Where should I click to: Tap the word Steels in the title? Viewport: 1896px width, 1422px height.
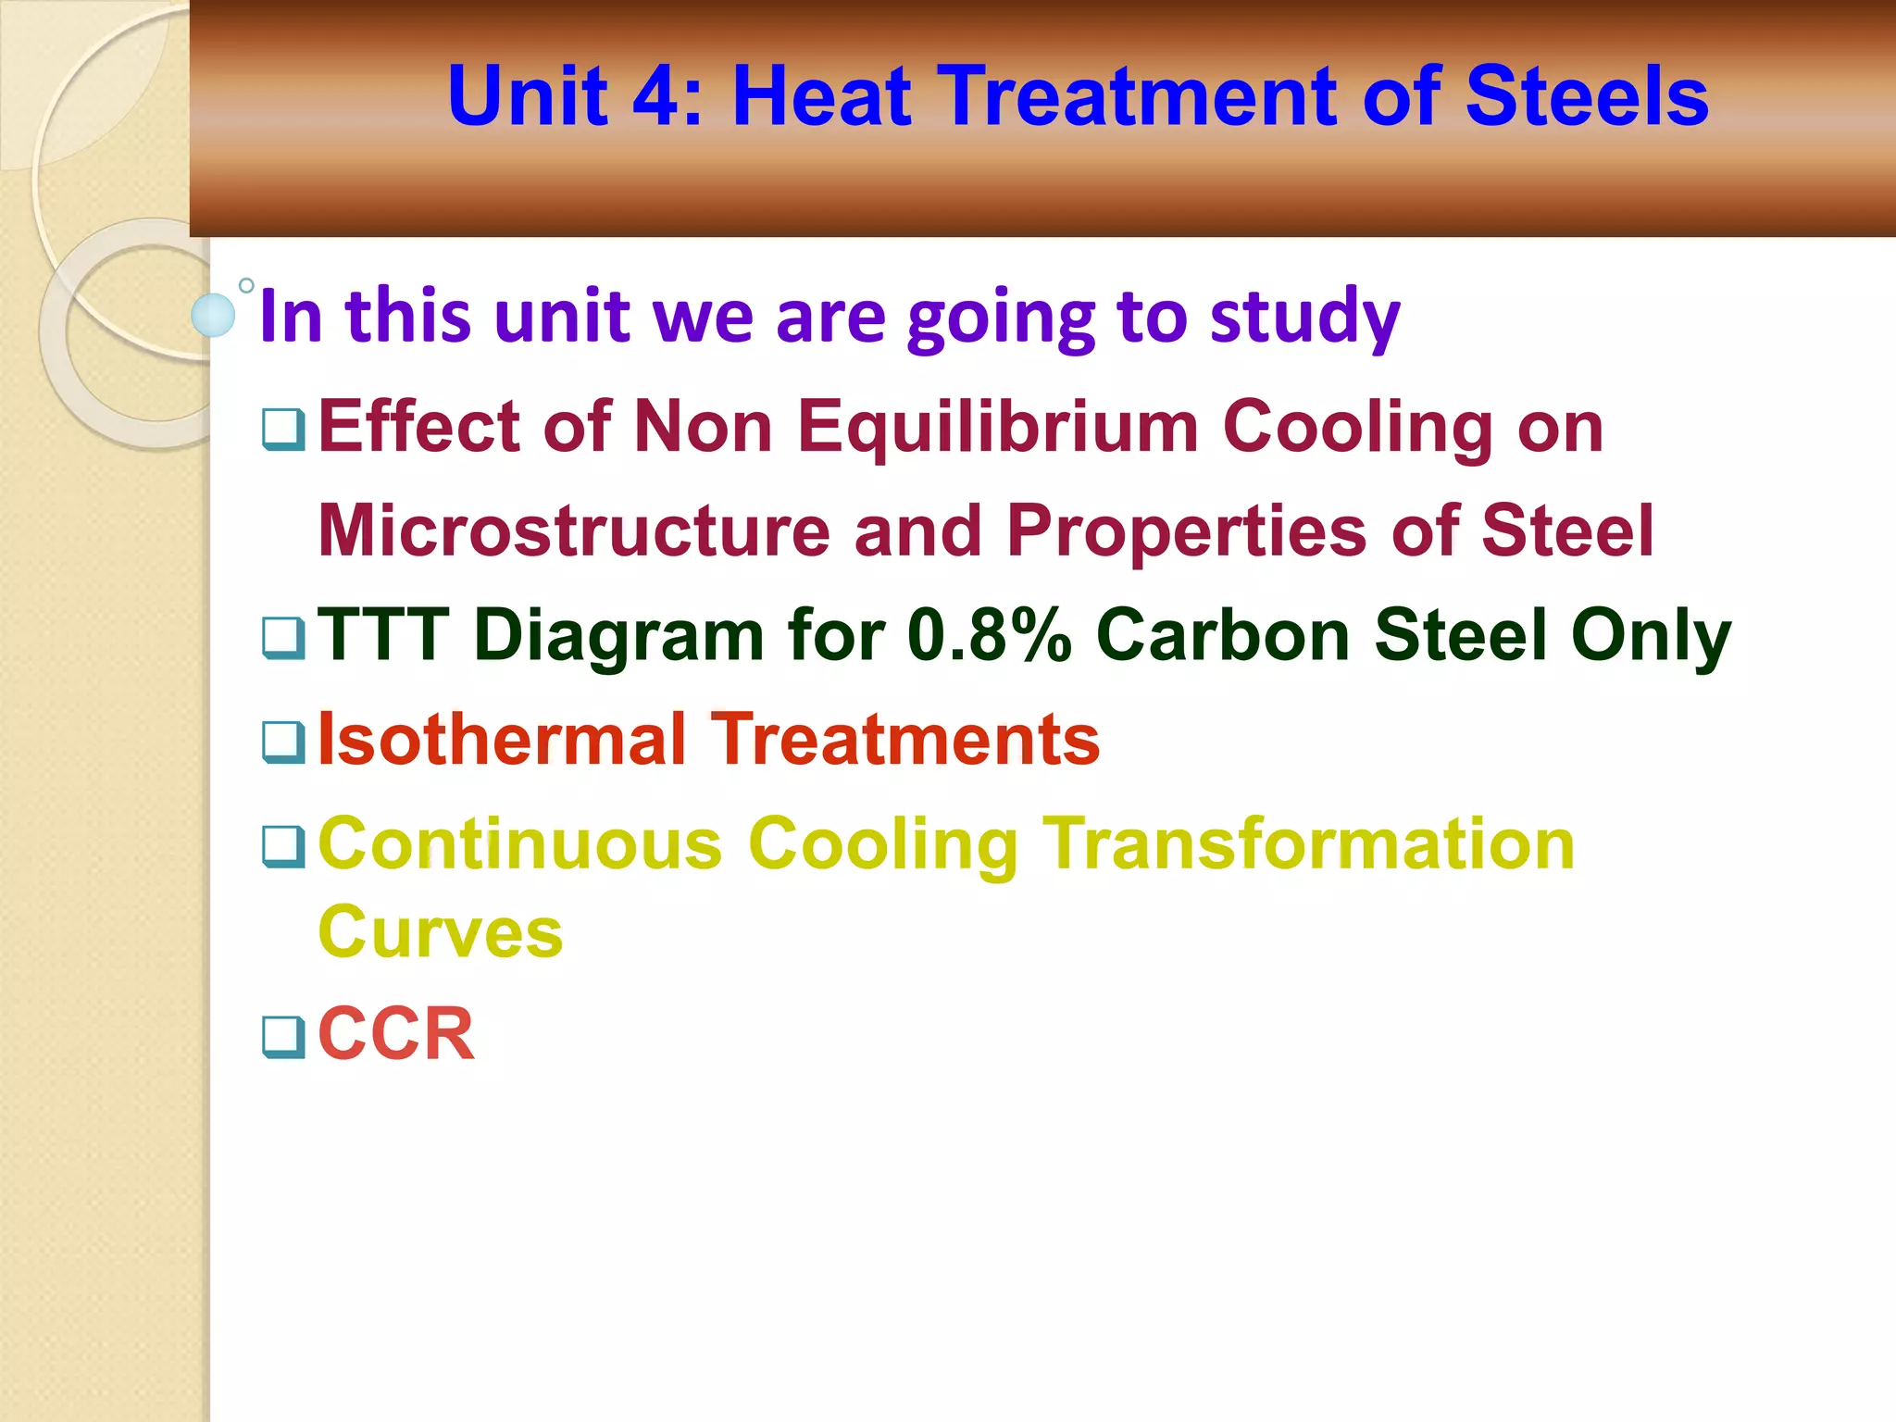coord(1586,96)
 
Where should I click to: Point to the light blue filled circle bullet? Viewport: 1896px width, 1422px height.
coord(213,316)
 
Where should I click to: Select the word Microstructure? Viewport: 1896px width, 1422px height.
coord(574,531)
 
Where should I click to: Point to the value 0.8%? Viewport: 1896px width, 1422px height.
coord(989,635)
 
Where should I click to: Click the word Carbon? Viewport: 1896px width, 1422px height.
coord(1223,635)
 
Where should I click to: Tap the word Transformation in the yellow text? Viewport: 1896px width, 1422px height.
coord(1309,844)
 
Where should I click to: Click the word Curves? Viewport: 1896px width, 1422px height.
coord(440,932)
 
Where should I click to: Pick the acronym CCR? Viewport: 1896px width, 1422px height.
coord(395,1034)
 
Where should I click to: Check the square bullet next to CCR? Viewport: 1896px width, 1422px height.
coord(283,1037)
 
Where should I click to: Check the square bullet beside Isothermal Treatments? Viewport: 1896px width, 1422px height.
coord(283,742)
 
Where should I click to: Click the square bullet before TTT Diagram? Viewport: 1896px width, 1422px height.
coord(283,638)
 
